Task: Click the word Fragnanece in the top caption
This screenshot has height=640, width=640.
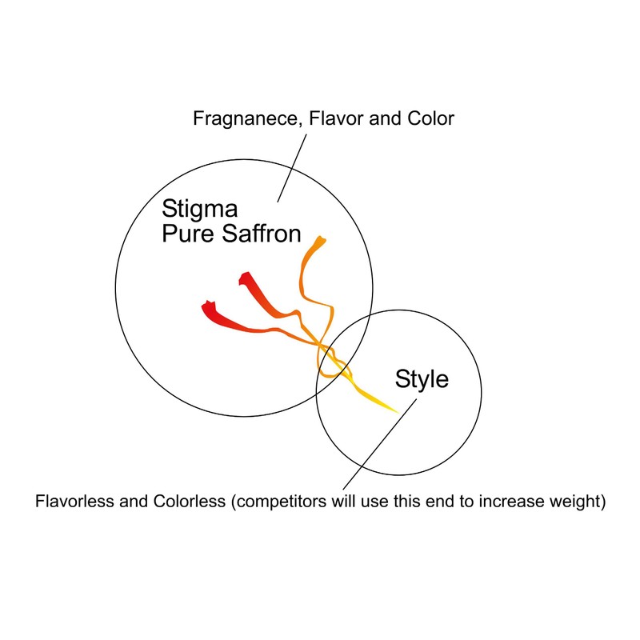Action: (x=248, y=119)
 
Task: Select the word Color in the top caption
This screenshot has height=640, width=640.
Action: (x=430, y=118)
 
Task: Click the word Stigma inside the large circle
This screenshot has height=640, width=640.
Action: (x=199, y=210)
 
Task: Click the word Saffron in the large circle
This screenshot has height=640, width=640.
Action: (x=262, y=234)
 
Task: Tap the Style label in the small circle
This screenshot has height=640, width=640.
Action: (x=422, y=380)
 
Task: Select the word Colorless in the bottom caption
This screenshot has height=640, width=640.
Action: (x=190, y=502)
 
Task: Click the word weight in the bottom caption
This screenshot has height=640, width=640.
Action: (x=577, y=502)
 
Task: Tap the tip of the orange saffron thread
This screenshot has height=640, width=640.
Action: (x=321, y=238)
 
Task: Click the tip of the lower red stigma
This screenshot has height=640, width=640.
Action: (x=207, y=305)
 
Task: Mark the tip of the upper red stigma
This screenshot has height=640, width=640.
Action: (x=244, y=275)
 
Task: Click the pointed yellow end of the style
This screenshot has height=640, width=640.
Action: (x=398, y=413)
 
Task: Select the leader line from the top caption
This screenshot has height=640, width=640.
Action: (x=292, y=168)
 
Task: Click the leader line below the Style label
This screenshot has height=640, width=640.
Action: (x=380, y=444)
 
